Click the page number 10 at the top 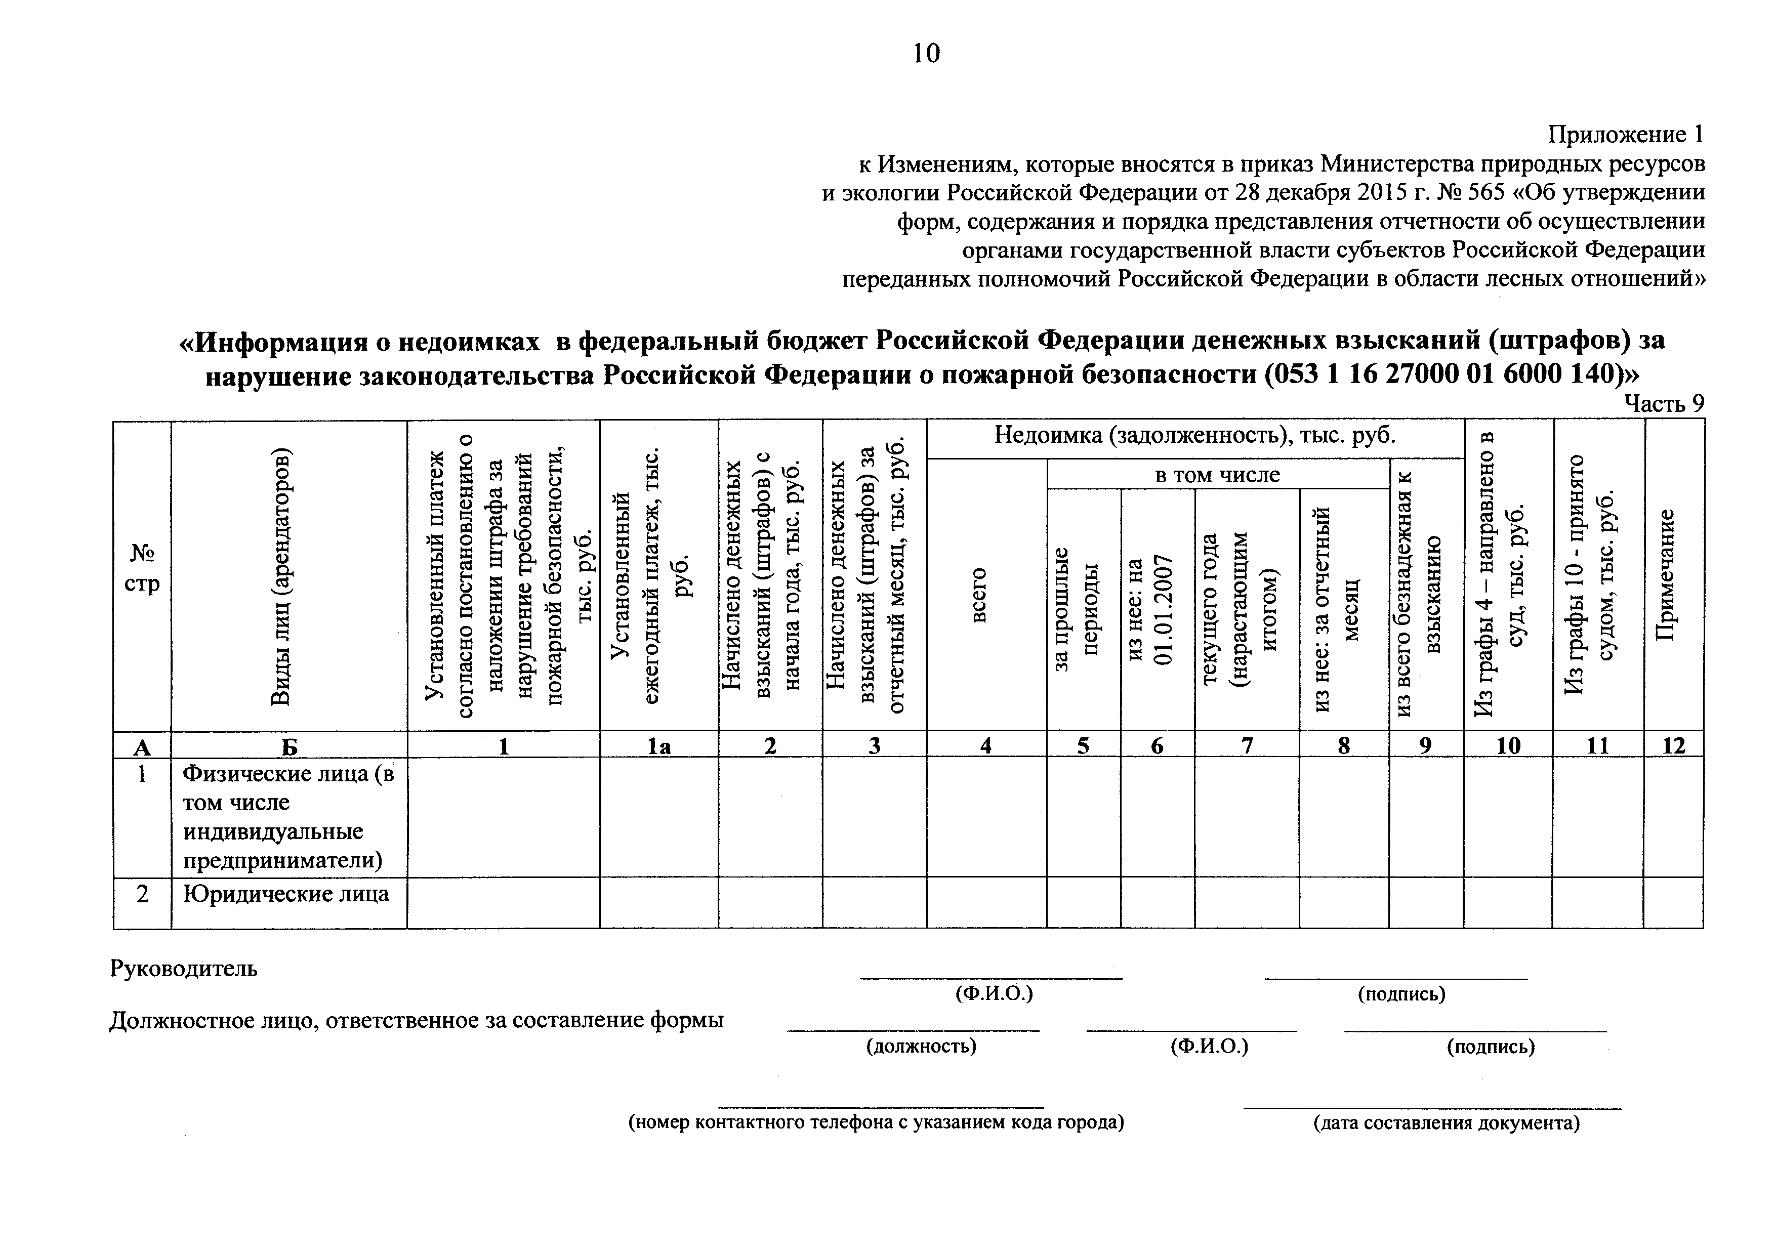pos(926,53)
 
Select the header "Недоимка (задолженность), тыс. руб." pos(1194,435)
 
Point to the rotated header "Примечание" pos(1674,574)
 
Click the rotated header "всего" pos(979,595)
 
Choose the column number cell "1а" pos(658,745)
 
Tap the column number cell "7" pos(1246,745)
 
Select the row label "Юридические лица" pos(285,895)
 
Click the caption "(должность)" pos(920,1046)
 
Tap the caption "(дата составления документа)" pos(1446,1122)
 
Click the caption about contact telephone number pos(876,1122)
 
